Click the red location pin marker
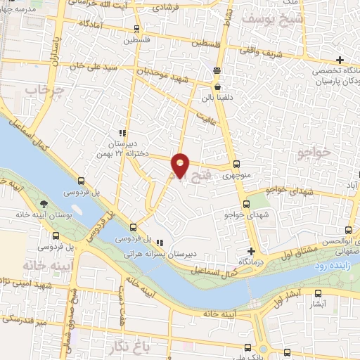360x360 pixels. click(181, 165)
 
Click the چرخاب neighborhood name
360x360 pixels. click(40, 91)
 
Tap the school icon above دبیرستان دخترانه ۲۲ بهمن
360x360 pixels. click(122, 132)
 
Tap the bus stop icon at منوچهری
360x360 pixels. click(236, 164)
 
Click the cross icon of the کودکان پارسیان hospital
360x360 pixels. click(341, 60)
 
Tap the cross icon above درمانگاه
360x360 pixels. click(251, 251)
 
